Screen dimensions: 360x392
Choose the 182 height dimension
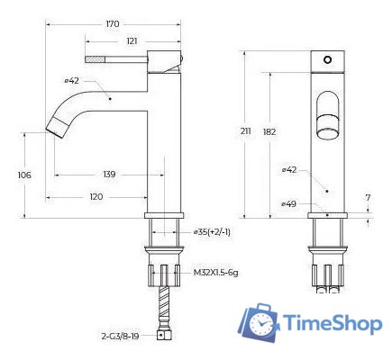269,132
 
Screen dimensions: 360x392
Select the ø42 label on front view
289,168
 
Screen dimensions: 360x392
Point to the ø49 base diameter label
289,204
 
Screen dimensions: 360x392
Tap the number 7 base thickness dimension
367,196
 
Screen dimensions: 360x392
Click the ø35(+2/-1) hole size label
214,232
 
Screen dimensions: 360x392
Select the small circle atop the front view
328,59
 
